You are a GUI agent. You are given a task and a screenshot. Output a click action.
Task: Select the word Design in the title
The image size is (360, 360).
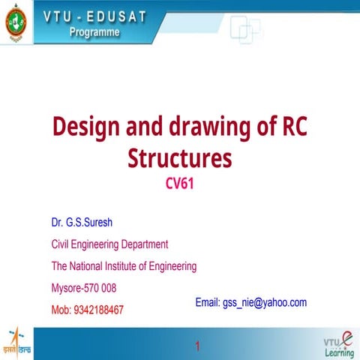(x=85, y=127)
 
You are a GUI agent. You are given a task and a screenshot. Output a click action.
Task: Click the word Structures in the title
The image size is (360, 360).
(x=180, y=158)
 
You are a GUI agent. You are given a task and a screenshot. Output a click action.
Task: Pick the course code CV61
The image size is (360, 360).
(x=180, y=184)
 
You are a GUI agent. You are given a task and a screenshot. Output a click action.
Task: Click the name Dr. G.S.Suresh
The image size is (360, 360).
(x=82, y=223)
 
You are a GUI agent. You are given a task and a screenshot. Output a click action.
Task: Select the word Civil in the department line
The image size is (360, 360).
(x=62, y=244)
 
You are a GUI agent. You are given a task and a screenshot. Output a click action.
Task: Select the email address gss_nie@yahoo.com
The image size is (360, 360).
(x=265, y=302)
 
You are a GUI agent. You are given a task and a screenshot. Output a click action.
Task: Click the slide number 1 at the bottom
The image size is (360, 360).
(x=196, y=346)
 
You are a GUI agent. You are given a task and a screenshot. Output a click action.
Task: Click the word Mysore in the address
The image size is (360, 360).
(x=65, y=288)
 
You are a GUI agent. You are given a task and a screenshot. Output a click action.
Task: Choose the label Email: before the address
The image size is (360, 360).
(x=207, y=302)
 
